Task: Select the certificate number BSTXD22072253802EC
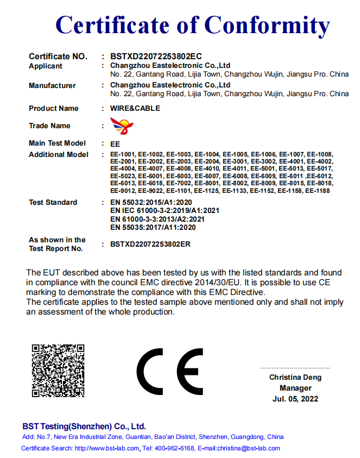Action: (x=156, y=56)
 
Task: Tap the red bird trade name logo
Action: (x=122, y=127)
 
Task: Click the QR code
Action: (x=58, y=371)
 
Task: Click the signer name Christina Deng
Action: (x=295, y=377)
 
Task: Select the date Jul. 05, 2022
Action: (x=295, y=399)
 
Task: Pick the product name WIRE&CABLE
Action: (x=135, y=108)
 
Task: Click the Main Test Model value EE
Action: (x=115, y=144)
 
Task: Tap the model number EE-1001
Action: (x=123, y=155)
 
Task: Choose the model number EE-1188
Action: (x=318, y=191)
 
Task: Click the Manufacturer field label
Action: (x=52, y=85)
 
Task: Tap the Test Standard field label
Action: (x=53, y=202)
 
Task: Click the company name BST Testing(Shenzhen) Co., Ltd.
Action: (x=84, y=426)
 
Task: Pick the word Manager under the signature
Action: (x=295, y=388)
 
